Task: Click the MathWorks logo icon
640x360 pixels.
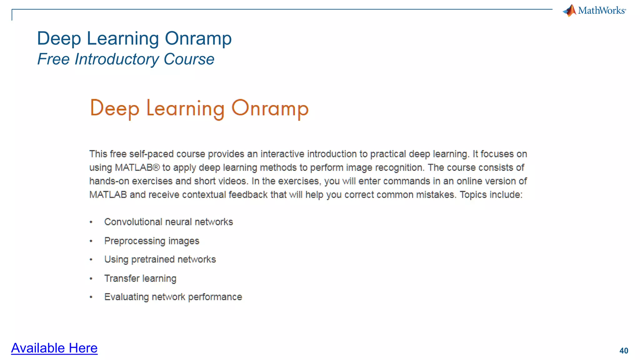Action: [570, 11]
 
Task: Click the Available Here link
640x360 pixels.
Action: [54, 348]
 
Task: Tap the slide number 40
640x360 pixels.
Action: [623, 351]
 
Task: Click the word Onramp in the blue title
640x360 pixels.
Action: [198, 38]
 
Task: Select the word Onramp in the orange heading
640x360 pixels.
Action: [270, 108]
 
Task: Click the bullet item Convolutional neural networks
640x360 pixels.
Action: [168, 222]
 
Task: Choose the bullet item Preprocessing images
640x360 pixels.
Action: [152, 241]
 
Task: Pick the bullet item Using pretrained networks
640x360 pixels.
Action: [160, 259]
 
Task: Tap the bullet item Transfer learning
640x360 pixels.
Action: [140, 278]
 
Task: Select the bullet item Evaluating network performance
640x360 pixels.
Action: [173, 297]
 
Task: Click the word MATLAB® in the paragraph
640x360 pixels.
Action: [137, 167]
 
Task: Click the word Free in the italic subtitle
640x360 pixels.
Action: [53, 59]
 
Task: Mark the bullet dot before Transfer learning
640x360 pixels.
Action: [91, 278]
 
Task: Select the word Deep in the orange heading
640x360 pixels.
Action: [114, 108]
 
